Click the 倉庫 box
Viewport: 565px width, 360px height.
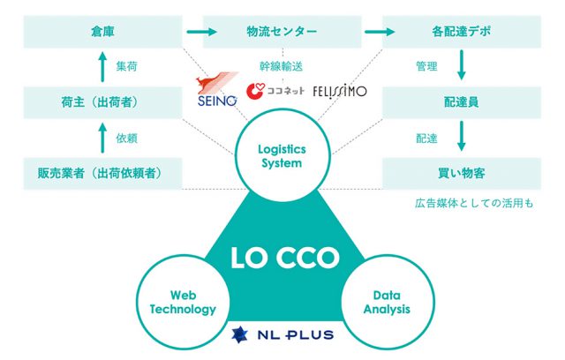pyautogui.click(x=102, y=32)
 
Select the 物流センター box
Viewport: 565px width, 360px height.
pyautogui.click(x=282, y=32)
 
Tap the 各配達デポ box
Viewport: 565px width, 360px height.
pyautogui.click(x=462, y=32)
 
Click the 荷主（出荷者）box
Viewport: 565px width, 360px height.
pyautogui.click(x=102, y=102)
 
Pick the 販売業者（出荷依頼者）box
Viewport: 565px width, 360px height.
pyautogui.click(x=102, y=174)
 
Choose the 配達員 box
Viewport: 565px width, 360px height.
pyautogui.click(x=462, y=102)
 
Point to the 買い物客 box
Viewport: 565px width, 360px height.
pyautogui.click(x=462, y=174)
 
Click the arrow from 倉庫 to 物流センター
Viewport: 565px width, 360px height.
pyautogui.click(x=202, y=32)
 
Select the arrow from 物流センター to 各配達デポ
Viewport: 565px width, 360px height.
pyautogui.click(x=380, y=32)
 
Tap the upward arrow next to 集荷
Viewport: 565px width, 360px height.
pyautogui.click(x=102, y=67)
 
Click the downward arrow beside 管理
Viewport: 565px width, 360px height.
pyautogui.click(x=461, y=65)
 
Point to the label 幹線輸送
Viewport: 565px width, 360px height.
pyautogui.click(x=281, y=66)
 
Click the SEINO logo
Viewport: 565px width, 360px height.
pyautogui.click(x=217, y=89)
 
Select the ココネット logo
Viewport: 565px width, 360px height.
pyautogui.click(x=275, y=91)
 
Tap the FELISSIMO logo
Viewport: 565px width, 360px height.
pyautogui.click(x=340, y=92)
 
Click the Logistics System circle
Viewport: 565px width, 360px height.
pyautogui.click(x=282, y=155)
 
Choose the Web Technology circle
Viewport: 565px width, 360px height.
pyautogui.click(x=183, y=303)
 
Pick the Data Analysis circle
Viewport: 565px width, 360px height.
pyautogui.click(x=388, y=303)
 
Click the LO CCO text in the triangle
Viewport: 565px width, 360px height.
pyautogui.click(x=284, y=258)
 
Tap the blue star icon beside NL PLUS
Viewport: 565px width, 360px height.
pyautogui.click(x=239, y=334)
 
